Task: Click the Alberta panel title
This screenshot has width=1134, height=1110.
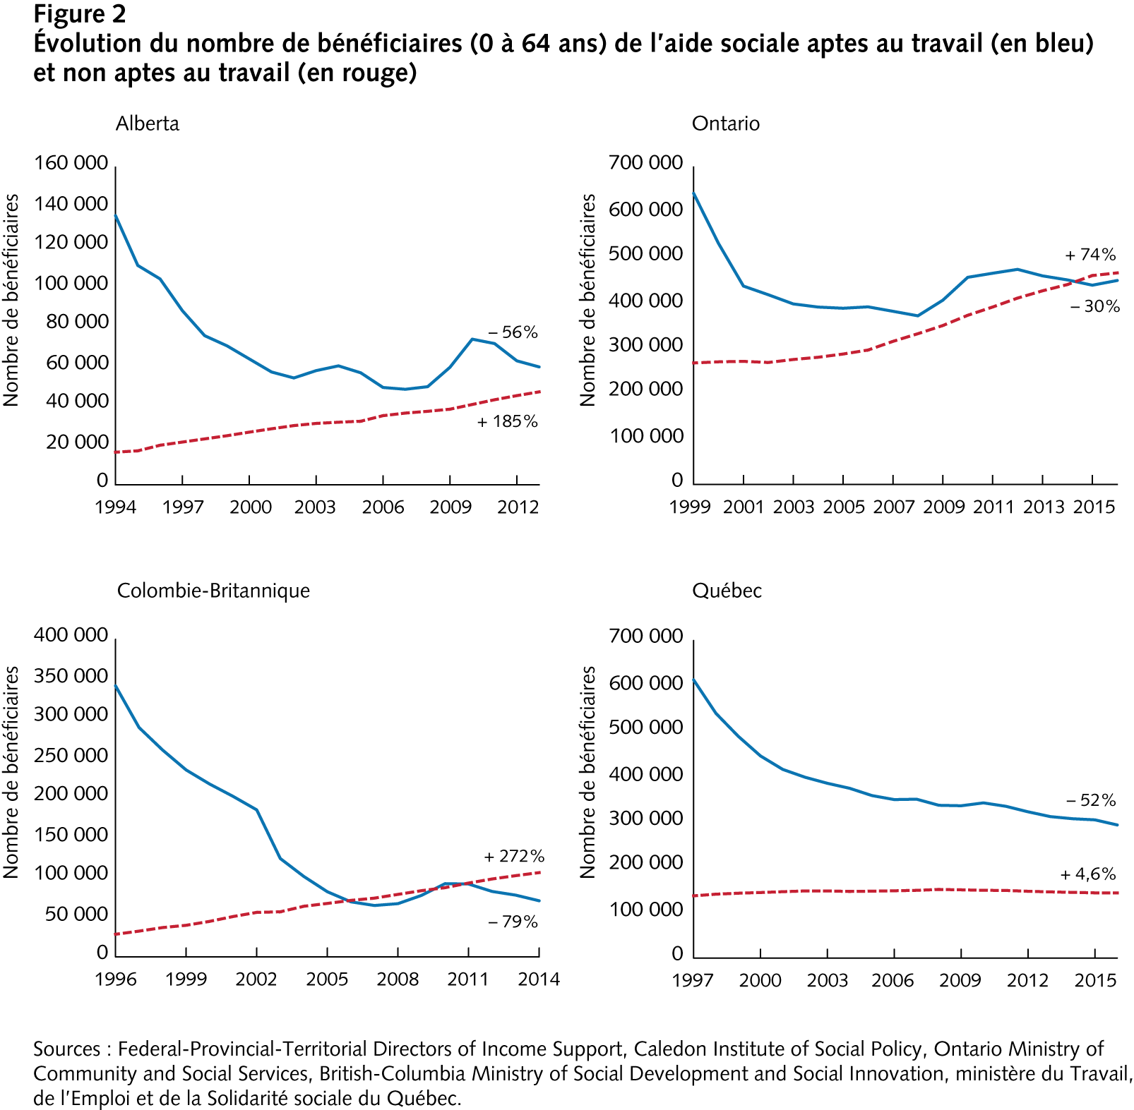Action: (148, 123)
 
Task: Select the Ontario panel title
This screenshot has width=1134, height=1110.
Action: (725, 123)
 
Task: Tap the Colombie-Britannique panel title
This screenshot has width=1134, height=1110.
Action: (213, 591)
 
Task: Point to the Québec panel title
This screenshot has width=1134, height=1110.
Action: (727, 591)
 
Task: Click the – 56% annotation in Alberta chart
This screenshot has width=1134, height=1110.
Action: (513, 332)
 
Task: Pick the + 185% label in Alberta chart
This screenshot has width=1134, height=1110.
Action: (507, 422)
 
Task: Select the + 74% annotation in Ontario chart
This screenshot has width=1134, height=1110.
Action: (1090, 255)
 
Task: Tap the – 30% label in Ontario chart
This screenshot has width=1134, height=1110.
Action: (1094, 306)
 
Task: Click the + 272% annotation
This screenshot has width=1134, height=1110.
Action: (514, 857)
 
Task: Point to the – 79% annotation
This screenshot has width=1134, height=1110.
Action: (513, 922)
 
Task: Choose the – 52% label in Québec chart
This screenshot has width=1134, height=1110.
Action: (1091, 800)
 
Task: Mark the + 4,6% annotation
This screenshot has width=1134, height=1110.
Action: (1088, 874)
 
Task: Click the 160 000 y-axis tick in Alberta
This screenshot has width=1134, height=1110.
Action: (71, 163)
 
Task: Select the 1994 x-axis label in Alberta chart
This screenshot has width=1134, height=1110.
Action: (115, 507)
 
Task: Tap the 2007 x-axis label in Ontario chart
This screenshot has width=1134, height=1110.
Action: (894, 507)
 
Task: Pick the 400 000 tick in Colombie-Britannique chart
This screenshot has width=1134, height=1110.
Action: (71, 635)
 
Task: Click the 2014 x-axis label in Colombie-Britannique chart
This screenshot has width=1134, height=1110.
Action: (539, 979)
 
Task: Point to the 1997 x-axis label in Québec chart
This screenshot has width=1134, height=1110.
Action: (693, 980)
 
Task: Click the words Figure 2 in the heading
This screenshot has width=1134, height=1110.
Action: (80, 14)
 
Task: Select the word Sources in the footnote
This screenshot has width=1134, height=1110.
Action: (67, 1049)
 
